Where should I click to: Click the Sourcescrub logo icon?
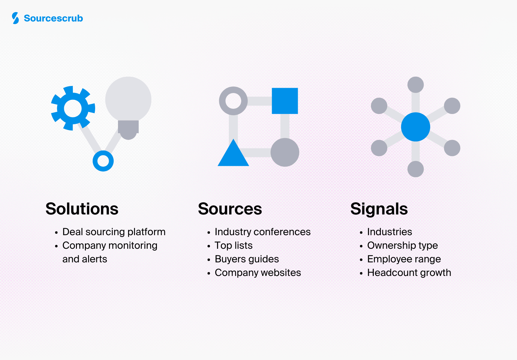pyautogui.click(x=15, y=18)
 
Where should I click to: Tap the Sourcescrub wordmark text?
pyautogui.click(x=53, y=19)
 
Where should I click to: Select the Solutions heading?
pyautogui.click(x=82, y=209)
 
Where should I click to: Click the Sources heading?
pyautogui.click(x=230, y=209)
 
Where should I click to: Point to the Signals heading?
pyautogui.click(x=379, y=209)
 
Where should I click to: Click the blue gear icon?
pyautogui.click(x=73, y=108)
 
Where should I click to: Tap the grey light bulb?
pyautogui.click(x=128, y=102)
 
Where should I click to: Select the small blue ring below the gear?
pyautogui.click(x=103, y=161)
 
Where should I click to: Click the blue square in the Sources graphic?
pyautogui.click(x=285, y=101)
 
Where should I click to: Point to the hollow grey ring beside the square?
pyautogui.click(x=233, y=101)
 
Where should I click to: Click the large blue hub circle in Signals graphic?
pyautogui.click(x=415, y=127)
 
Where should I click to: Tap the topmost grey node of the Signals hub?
pyautogui.click(x=415, y=85)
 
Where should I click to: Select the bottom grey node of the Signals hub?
pyautogui.click(x=415, y=169)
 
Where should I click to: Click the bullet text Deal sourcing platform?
pyautogui.click(x=114, y=232)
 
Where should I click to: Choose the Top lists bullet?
pyautogui.click(x=233, y=245)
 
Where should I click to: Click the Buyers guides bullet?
pyautogui.click(x=247, y=259)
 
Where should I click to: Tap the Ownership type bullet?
pyautogui.click(x=402, y=245)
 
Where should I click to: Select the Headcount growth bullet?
pyautogui.click(x=409, y=273)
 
